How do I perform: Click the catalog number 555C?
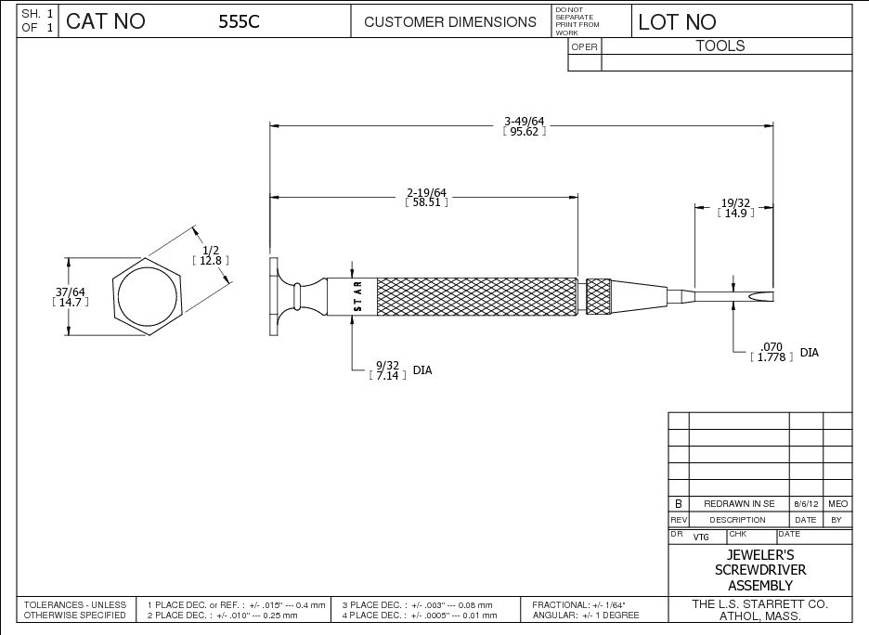pyautogui.click(x=239, y=22)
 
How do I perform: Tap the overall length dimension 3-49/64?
pyautogui.click(x=524, y=121)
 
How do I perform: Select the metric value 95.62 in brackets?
pyautogui.click(x=524, y=132)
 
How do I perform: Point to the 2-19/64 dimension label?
pyautogui.click(x=427, y=192)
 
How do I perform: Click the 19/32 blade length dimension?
pyautogui.click(x=735, y=202)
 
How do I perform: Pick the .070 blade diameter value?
pyautogui.click(x=772, y=347)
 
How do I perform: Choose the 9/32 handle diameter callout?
pyautogui.click(x=388, y=365)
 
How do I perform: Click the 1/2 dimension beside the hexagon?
pyautogui.click(x=211, y=251)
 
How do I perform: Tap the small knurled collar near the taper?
pyautogui.click(x=599, y=295)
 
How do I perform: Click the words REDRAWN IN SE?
pyautogui.click(x=739, y=503)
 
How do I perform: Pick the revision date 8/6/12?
pyautogui.click(x=805, y=503)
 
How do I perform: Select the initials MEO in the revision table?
pyautogui.click(x=837, y=503)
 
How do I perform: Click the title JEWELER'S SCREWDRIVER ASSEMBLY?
pyautogui.click(x=760, y=570)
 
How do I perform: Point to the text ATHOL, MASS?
pyautogui.click(x=760, y=616)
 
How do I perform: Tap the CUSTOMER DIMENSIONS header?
pyautogui.click(x=450, y=22)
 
